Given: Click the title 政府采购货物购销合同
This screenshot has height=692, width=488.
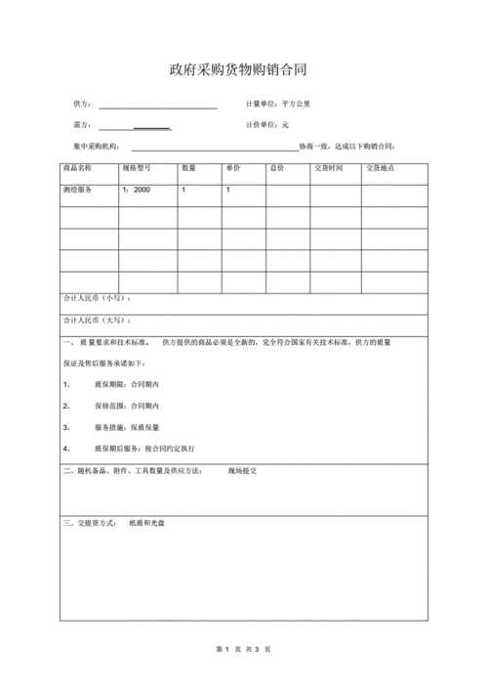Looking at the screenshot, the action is point(243,70).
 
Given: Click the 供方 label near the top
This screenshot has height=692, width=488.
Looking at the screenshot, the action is point(81,105).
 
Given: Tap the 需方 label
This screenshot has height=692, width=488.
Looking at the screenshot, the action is point(81,125).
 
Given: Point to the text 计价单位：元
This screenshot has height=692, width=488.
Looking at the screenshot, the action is point(267,125).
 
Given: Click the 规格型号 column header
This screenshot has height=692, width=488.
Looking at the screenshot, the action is point(136,169).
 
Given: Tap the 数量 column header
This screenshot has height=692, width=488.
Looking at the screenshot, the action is point(188,169).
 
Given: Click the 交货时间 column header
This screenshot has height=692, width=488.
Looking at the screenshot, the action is point(328,169).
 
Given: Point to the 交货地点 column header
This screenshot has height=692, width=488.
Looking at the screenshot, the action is point(381,169).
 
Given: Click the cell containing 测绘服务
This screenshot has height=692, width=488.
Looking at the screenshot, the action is point(77,191).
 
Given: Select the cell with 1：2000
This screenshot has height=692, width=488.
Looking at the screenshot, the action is point(137,191).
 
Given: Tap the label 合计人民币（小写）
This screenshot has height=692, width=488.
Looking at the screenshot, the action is point(97,297).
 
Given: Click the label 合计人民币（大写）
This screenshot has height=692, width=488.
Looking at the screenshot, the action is point(97,321).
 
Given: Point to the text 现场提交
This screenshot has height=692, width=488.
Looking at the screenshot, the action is point(242,471).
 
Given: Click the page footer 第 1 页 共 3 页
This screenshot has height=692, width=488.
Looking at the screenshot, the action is point(243,649).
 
